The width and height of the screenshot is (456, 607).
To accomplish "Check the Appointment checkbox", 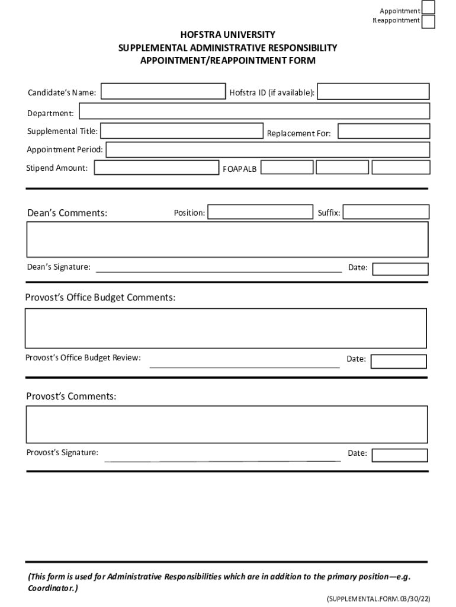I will tap(428, 8).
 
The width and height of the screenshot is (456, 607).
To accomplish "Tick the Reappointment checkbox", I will tap(428, 22).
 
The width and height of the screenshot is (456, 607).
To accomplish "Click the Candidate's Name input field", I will tap(163, 92).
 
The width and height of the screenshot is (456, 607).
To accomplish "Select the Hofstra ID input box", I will tap(374, 91).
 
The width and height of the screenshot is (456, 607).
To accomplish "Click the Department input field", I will tap(255, 111).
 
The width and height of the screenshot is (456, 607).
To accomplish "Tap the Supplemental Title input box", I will tap(182, 131).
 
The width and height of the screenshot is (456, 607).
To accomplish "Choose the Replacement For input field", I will tap(384, 132).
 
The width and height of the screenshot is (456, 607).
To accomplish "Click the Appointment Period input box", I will tap(268, 149).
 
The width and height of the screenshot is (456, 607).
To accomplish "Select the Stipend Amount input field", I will tap(156, 168).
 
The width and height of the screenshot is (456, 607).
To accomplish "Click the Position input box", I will tap(260, 212).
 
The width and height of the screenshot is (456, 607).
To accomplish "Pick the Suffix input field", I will tap(386, 212).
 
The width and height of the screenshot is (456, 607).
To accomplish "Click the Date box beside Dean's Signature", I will tap(400, 269).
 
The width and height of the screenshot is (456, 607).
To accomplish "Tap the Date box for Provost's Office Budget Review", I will tap(399, 361).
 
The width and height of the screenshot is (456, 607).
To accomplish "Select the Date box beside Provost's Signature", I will tap(400, 455).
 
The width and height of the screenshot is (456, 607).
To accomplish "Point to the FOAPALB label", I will tap(240, 170).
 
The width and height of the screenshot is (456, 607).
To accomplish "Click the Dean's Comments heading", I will tap(68, 213).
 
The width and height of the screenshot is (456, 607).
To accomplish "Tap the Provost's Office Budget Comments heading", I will tap(100, 297).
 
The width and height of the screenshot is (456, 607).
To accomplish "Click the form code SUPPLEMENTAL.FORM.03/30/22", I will tap(378, 599).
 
